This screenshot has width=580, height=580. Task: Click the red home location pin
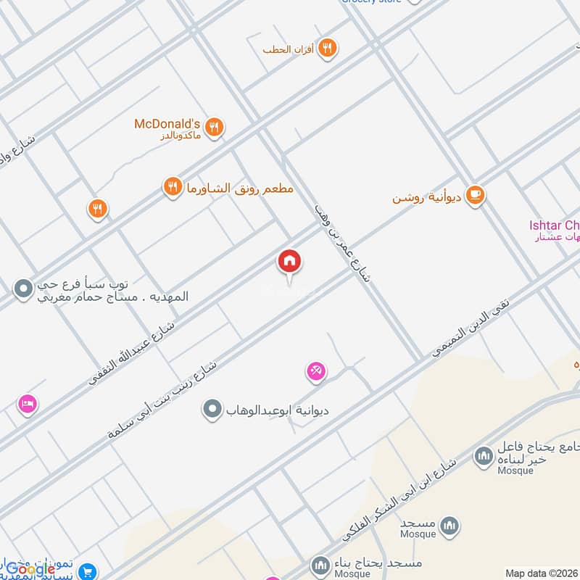[289, 262]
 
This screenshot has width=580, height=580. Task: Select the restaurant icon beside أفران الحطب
[328, 49]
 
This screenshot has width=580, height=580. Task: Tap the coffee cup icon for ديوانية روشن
[475, 195]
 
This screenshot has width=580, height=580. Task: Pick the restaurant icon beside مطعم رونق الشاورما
[172, 187]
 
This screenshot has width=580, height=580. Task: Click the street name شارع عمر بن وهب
[342, 242]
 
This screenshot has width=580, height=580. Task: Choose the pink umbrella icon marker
[315, 373]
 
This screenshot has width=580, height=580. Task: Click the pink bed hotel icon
[28, 403]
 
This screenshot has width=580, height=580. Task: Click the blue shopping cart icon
[88, 571]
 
